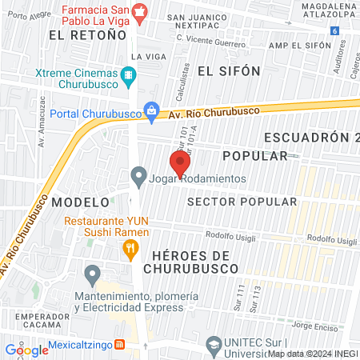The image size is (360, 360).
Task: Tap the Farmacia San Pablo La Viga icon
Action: coord(141,10)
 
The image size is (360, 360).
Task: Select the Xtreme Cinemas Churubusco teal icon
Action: coord(128,78)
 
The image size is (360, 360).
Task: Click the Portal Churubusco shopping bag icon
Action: coord(150,110)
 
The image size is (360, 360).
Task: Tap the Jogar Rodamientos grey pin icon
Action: coord(138,174)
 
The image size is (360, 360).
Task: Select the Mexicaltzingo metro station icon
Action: coord(119,345)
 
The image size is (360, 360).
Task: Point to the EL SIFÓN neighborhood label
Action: coord(229,70)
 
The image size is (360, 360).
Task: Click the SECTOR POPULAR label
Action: coord(241,201)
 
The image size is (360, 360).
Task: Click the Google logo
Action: coord(27,350)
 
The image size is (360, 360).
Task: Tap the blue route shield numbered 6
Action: coord(332,31)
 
